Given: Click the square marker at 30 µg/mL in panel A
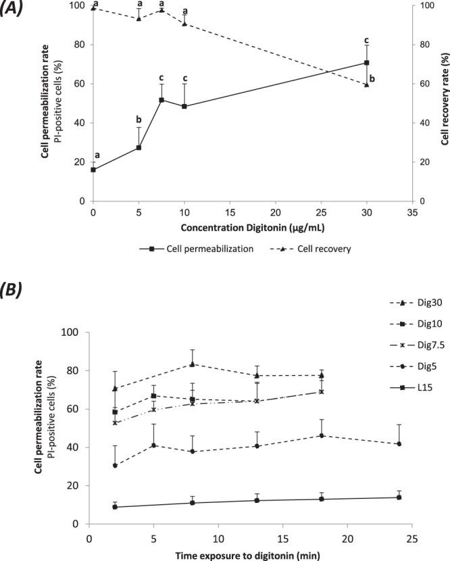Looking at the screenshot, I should pyautogui.click(x=366, y=63).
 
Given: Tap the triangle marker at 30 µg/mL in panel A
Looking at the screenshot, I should pyautogui.click(x=366, y=84).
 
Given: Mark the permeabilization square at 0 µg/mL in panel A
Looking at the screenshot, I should pyautogui.click(x=93, y=169).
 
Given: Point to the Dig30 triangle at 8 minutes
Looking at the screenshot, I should pyautogui.click(x=193, y=364).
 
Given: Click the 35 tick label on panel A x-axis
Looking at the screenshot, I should pyautogui.click(x=412, y=211).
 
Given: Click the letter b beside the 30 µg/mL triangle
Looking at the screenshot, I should pyautogui.click(x=372, y=78).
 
